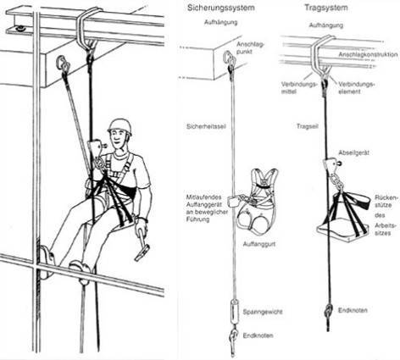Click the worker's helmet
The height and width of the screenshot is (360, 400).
[x=119, y=126]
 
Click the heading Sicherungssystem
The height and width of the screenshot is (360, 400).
[x=221, y=8]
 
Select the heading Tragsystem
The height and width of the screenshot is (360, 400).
[x=326, y=8]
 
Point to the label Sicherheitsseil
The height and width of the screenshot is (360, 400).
[x=206, y=126]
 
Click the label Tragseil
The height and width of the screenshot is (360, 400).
[x=308, y=126]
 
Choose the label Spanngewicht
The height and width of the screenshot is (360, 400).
[x=263, y=312]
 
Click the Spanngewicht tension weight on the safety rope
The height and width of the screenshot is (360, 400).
[x=235, y=312]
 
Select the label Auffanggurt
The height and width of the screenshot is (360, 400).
[x=259, y=244]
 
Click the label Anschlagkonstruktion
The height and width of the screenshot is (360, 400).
[x=368, y=54]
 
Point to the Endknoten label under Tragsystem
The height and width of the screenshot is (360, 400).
[x=353, y=310]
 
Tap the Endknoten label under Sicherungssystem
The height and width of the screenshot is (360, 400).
[x=258, y=335]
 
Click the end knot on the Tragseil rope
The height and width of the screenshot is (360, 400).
[x=328, y=311]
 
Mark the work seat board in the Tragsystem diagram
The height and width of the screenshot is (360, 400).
[x=342, y=230]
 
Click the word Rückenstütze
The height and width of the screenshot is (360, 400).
[x=383, y=201]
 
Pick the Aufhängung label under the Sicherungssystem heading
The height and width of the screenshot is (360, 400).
[x=220, y=22]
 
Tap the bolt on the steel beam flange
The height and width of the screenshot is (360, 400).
[x=20, y=28]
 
